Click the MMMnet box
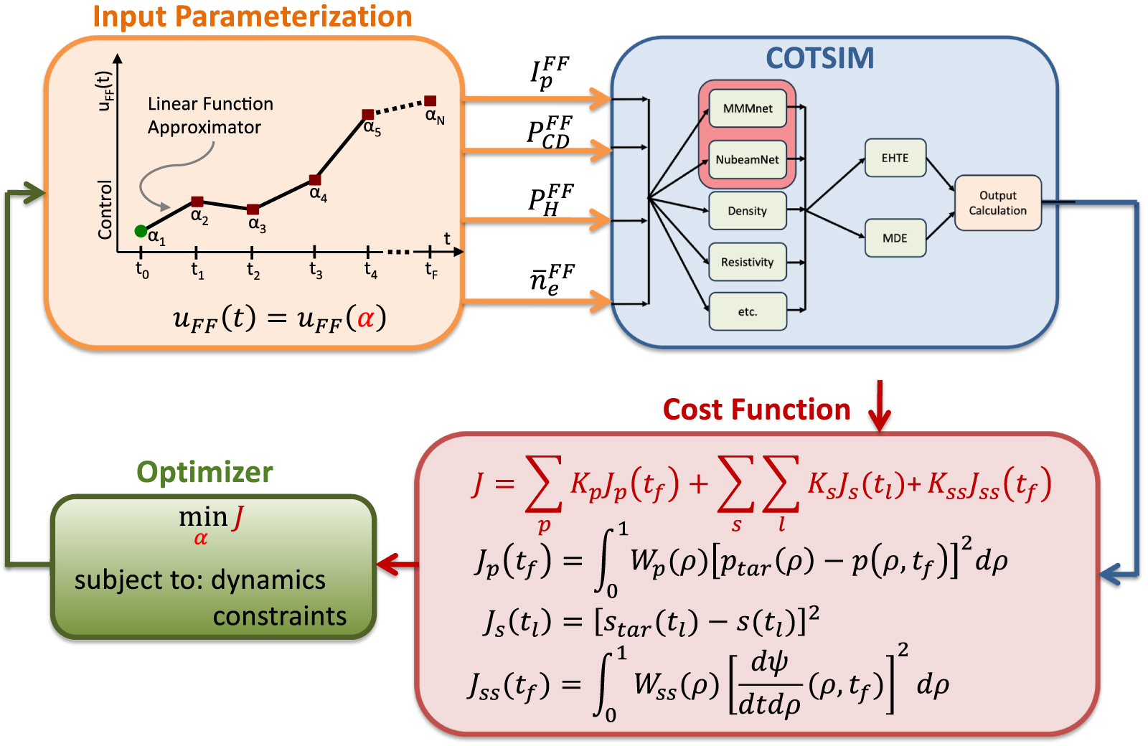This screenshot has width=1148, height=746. pyautogui.click(x=748, y=108)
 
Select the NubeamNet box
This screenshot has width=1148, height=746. pyautogui.click(x=748, y=159)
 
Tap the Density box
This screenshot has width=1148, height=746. pyautogui.click(x=748, y=211)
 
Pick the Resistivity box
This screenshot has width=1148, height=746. pyautogui.click(x=748, y=262)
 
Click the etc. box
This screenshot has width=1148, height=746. pyautogui.click(x=748, y=312)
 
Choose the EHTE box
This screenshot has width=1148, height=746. pyautogui.click(x=895, y=158)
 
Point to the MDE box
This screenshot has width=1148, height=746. pyautogui.click(x=895, y=238)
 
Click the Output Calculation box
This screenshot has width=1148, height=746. pyautogui.click(x=998, y=203)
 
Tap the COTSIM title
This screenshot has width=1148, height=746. pyautogui.click(x=820, y=59)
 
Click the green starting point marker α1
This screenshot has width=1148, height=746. pyautogui.click(x=141, y=231)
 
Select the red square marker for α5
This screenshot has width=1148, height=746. pyautogui.click(x=367, y=115)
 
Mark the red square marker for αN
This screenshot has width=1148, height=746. pyautogui.click(x=430, y=101)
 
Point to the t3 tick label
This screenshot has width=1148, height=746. pyautogui.click(x=316, y=270)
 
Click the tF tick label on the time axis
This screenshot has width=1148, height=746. pyautogui.click(x=431, y=270)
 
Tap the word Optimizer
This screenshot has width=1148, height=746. pyautogui.click(x=204, y=473)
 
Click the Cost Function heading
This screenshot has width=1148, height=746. pyautogui.click(x=756, y=410)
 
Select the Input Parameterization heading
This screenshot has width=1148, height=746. pyautogui.click(x=253, y=16)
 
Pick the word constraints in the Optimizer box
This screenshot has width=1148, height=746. pyautogui.click(x=280, y=616)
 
